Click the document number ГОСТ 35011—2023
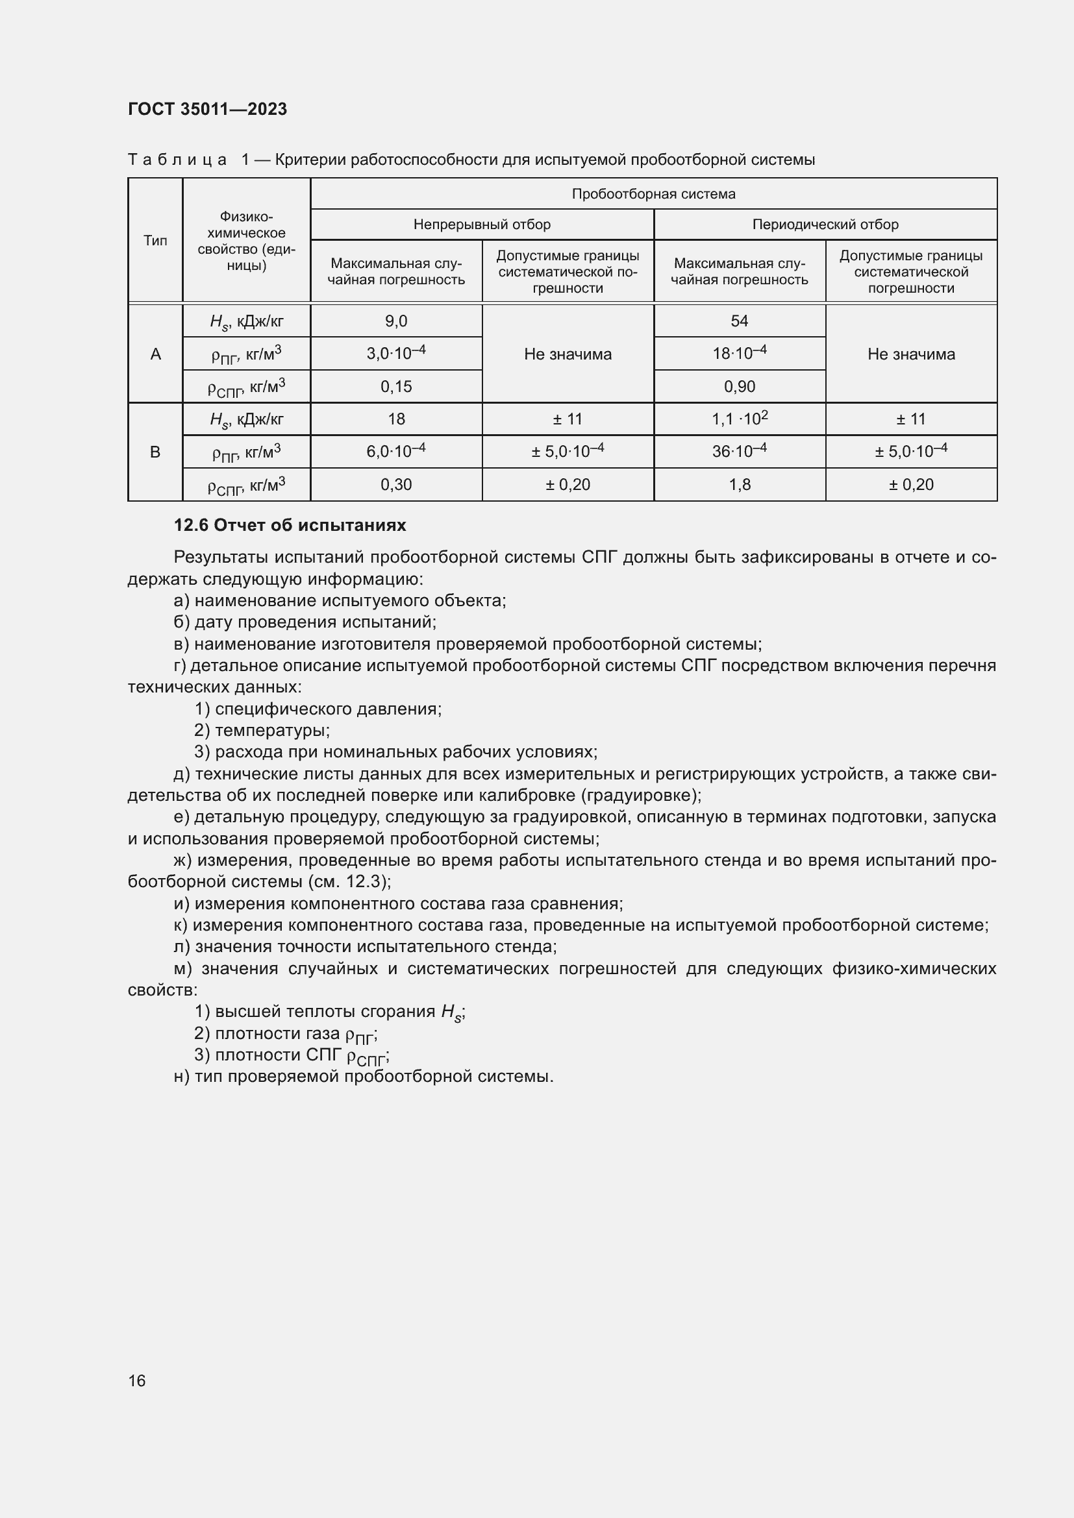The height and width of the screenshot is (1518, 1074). click(207, 109)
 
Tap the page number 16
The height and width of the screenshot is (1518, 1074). click(137, 1380)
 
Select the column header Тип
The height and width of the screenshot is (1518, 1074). click(155, 241)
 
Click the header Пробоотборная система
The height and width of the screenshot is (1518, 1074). click(653, 193)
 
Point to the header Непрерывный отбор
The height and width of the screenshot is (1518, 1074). click(481, 224)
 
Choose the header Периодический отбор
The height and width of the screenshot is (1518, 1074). click(825, 224)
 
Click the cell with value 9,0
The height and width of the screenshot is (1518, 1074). click(395, 321)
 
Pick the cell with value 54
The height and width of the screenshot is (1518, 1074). click(739, 321)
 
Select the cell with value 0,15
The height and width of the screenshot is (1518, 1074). click(395, 387)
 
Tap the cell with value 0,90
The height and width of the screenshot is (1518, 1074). click(739, 387)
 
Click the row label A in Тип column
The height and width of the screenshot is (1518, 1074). click(155, 354)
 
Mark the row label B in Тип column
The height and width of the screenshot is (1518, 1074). click(155, 452)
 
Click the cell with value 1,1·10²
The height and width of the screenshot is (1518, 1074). click(739, 419)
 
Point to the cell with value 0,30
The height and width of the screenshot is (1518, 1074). click(395, 485)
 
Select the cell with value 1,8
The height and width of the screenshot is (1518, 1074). click(739, 485)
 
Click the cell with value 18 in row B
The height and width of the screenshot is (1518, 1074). click(395, 419)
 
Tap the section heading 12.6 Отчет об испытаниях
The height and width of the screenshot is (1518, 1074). click(290, 526)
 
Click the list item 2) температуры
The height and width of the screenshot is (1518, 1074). click(262, 731)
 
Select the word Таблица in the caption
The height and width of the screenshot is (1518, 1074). click(177, 160)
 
